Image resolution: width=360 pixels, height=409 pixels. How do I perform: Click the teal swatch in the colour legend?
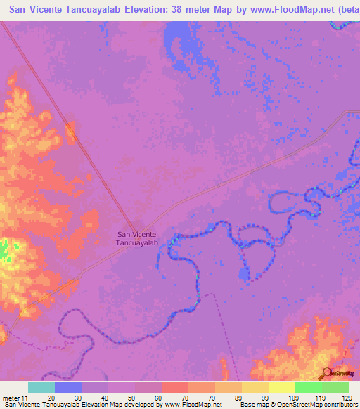tap(41, 387)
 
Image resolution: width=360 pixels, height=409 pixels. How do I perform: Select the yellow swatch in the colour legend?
tap(282, 387)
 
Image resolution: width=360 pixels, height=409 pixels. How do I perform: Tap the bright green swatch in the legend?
tap(309, 387)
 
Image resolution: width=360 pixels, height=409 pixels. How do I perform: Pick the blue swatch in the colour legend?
tap(68, 387)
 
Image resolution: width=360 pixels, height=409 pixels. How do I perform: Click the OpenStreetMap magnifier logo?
tap(326, 374)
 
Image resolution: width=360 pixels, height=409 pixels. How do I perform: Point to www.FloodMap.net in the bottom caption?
tap(193, 405)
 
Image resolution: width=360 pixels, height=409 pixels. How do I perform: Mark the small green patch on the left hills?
tap(6, 247)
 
